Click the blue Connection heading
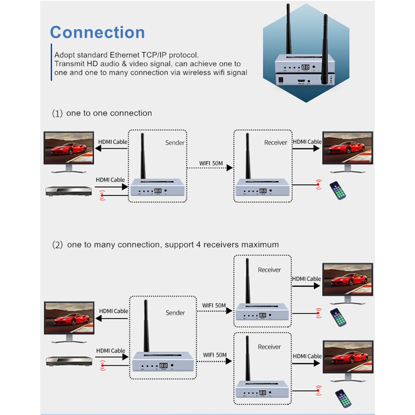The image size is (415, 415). [97, 33]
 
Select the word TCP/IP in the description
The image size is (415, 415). [182, 55]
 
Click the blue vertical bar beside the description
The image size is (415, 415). [51, 63]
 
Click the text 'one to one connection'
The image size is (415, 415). [109, 113]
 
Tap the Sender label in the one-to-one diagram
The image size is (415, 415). [174, 143]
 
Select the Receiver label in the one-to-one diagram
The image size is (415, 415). [276, 143]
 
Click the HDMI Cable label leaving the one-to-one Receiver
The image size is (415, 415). [307, 142]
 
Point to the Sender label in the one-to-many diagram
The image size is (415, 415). [175, 313]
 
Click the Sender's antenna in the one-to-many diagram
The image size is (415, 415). [145, 326]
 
